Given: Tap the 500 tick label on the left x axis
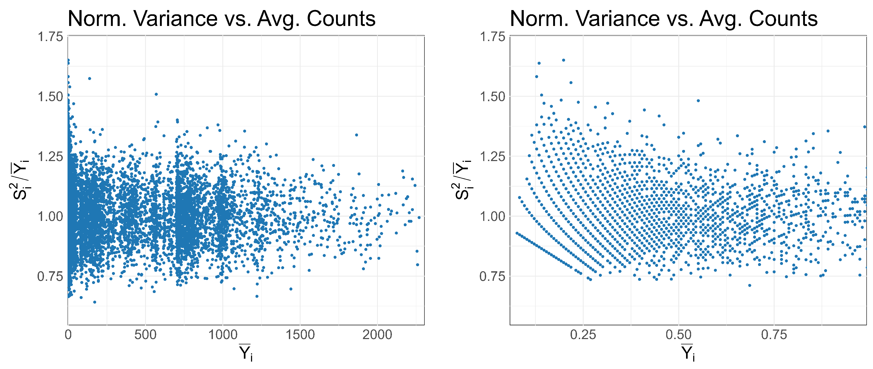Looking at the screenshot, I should (145, 335).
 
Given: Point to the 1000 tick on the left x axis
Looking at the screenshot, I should (223, 335).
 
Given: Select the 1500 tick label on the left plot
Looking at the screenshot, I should (300, 335).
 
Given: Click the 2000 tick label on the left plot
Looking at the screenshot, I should (377, 335).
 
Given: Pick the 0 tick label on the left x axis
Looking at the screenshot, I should (68, 335).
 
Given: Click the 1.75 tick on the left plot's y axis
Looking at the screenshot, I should (50, 37).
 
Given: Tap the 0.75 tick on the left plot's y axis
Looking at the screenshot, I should (50, 276).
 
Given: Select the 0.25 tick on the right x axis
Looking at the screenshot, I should (583, 335).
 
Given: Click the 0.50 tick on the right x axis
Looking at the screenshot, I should (678, 335).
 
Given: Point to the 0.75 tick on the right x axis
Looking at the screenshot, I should (774, 335).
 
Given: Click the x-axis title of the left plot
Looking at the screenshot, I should (246, 353).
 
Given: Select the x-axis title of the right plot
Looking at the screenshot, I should (688, 353).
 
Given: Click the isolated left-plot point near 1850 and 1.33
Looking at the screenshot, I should (356, 135).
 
